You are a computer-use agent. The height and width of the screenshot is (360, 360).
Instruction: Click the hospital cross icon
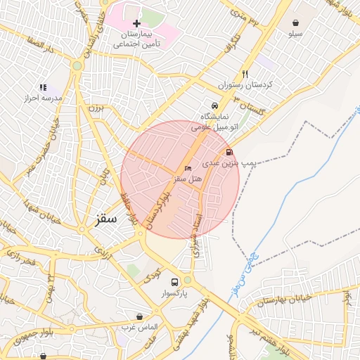pyautogui.click(x=136, y=24)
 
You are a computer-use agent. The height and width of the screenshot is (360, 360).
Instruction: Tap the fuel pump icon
pyautogui.click(x=229, y=151)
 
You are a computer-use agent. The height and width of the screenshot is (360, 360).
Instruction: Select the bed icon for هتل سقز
pyautogui.click(x=187, y=169)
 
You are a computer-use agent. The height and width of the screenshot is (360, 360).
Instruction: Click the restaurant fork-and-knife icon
pyautogui.click(x=245, y=74)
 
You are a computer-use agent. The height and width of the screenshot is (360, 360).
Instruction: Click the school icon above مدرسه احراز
pyautogui.click(x=43, y=87)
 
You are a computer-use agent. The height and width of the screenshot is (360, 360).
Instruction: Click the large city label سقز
pyautogui.click(x=107, y=219)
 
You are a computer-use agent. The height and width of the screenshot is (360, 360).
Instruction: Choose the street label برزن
pyautogui.click(x=95, y=109)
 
